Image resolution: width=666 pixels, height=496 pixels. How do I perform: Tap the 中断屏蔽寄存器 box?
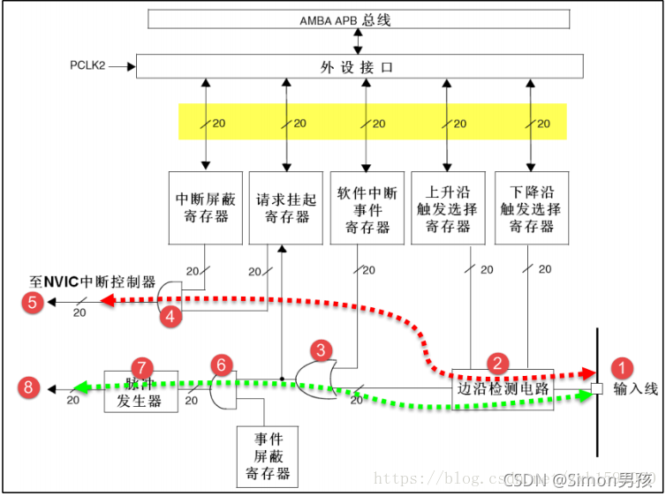[x=204, y=207]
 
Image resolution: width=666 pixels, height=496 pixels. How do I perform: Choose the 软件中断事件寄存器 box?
[x=367, y=207]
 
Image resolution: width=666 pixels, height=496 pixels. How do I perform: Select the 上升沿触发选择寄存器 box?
[x=448, y=207]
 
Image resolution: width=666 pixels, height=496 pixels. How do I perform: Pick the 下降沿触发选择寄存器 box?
[x=529, y=207]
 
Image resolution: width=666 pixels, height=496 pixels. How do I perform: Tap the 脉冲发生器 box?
[x=141, y=392]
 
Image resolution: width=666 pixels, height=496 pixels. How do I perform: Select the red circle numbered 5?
[x=32, y=303]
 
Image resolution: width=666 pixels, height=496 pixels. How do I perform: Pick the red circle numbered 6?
[x=223, y=364]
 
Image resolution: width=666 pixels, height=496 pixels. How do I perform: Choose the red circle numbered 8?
[x=32, y=387]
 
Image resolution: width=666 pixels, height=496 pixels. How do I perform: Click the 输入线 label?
[x=635, y=389]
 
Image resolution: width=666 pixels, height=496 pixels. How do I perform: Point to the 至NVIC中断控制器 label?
[x=93, y=282]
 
